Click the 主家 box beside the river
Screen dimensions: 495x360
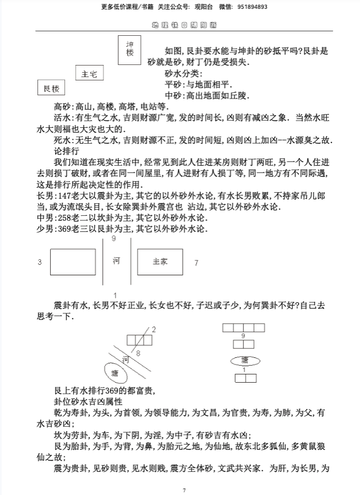click(x=160, y=262)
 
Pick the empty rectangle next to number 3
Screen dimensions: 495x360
click(x=73, y=262)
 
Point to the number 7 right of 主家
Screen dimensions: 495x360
click(x=197, y=263)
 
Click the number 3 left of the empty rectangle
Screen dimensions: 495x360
click(x=40, y=263)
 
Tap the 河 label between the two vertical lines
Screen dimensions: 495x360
click(x=116, y=259)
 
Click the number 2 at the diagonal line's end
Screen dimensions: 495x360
click(x=154, y=329)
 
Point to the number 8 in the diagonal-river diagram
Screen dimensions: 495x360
click(x=138, y=352)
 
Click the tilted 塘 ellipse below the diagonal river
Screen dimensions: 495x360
click(x=116, y=373)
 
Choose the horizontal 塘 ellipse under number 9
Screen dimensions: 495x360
click(x=244, y=360)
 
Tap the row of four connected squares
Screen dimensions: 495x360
click(x=243, y=328)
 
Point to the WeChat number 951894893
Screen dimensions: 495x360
click(x=253, y=7)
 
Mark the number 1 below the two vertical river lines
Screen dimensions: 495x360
click(x=114, y=294)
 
